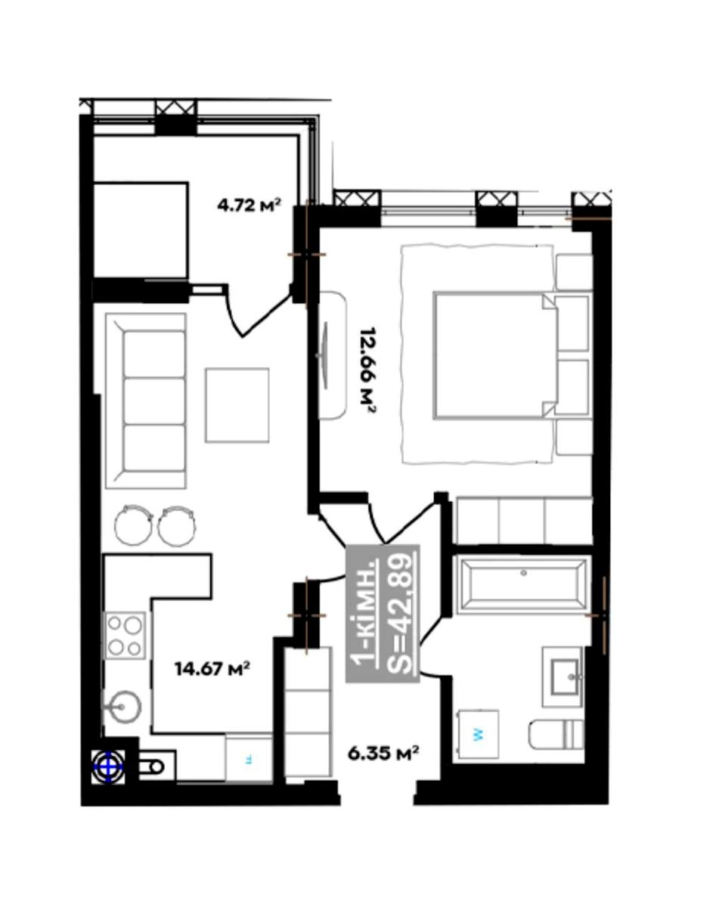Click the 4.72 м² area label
tap(250, 206)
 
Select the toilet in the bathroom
tap(556, 735)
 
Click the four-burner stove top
tap(126, 636)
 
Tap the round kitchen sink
tap(122, 707)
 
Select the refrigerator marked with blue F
tap(249, 759)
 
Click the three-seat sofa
tap(146, 401)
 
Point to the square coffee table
tap(237, 405)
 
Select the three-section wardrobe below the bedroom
tap(524, 521)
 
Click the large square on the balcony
tap(141, 230)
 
